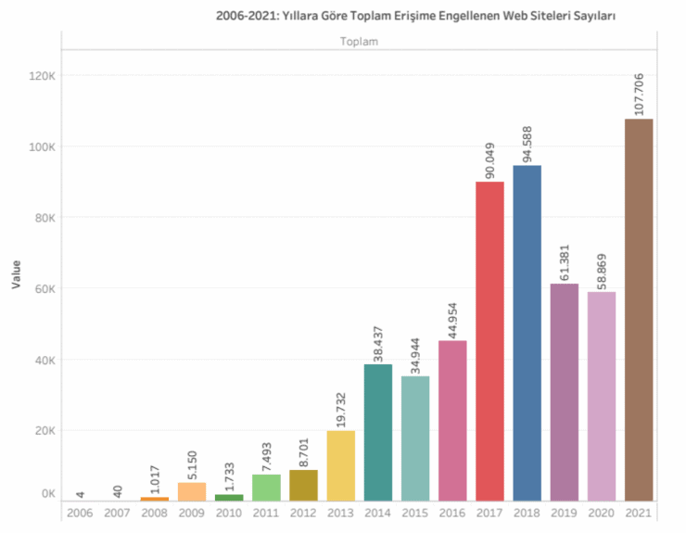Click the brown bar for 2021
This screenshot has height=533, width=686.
(638, 310)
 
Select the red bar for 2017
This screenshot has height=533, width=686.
(489, 341)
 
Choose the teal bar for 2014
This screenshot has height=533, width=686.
(378, 432)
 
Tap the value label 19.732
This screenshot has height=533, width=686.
(341, 403)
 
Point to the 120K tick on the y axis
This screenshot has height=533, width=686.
(42, 76)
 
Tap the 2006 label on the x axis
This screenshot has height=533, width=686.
(81, 512)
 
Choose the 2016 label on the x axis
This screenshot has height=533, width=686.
(452, 512)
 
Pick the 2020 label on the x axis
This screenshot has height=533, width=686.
(601, 512)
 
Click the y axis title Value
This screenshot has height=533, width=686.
(17, 273)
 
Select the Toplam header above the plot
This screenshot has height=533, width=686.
(359, 42)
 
